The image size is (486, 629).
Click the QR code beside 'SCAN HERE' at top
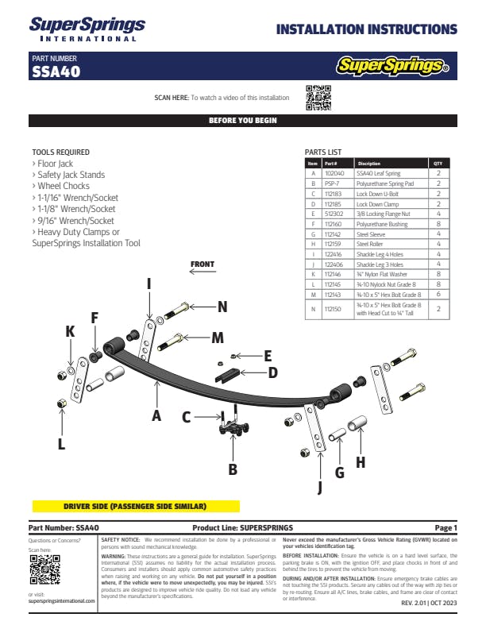tap(318, 97)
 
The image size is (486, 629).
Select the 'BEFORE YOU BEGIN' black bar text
tap(242, 121)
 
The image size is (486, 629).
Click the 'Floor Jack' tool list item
tap(55, 164)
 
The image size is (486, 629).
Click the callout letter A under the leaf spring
tap(156, 414)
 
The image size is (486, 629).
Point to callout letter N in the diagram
tap(222, 306)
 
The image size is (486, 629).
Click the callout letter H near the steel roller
tap(360, 461)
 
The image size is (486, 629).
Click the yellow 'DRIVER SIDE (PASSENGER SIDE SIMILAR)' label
tap(135, 506)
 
